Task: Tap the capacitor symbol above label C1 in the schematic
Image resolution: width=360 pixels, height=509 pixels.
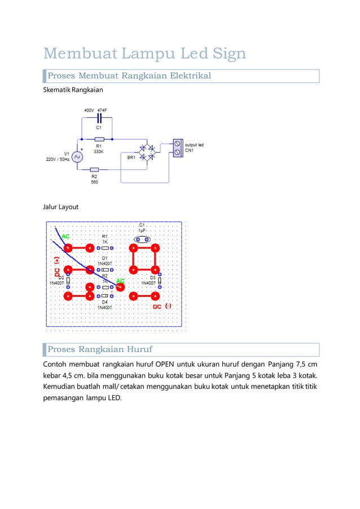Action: tap(99, 118)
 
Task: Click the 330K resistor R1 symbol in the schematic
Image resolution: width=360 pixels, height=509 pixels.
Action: tap(99, 139)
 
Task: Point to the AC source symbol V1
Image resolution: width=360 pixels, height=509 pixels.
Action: tap(76, 157)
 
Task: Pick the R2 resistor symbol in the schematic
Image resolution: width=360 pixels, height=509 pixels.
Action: tap(94, 169)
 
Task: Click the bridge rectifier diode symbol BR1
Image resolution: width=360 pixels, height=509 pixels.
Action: tap(150, 152)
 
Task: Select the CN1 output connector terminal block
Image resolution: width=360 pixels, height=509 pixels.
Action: tap(178, 148)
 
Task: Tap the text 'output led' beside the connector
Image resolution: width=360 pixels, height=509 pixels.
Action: tap(195, 145)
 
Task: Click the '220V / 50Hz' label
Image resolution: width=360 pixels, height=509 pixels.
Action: tap(58, 160)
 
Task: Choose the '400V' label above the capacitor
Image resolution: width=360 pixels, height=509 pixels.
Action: tap(89, 110)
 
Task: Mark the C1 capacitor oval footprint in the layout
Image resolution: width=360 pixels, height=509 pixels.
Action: tap(141, 239)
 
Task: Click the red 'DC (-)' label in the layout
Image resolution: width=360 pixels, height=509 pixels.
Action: tap(163, 306)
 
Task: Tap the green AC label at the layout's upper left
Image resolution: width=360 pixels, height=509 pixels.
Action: tap(65, 236)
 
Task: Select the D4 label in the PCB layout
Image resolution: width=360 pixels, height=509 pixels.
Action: tap(105, 302)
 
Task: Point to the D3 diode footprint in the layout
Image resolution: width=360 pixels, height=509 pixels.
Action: tap(160, 280)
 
